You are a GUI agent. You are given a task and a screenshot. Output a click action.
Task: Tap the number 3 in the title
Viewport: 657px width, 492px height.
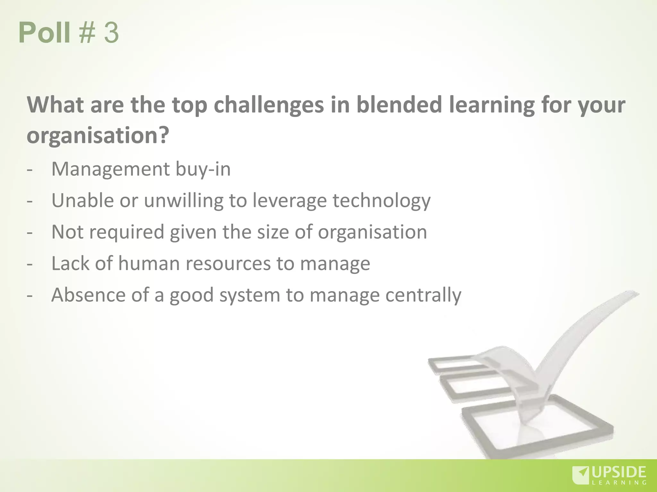click(x=111, y=33)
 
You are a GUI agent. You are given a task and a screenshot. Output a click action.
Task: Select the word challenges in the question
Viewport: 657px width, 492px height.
click(x=269, y=105)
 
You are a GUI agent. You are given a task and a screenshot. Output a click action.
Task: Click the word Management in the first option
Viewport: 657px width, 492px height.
click(x=110, y=169)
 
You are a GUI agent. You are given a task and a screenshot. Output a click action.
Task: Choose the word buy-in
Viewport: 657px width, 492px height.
click(x=203, y=169)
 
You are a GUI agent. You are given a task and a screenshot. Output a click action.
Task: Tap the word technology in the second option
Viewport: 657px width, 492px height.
click(x=381, y=201)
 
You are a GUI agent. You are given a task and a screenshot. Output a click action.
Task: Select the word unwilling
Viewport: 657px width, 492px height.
click(x=183, y=201)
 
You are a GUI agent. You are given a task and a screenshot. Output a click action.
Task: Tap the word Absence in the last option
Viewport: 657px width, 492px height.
click(x=88, y=295)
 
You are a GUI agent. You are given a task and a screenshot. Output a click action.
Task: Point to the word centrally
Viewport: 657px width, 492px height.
click(x=423, y=295)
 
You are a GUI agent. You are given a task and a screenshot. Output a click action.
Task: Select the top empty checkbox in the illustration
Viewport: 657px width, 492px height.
click(x=456, y=366)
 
